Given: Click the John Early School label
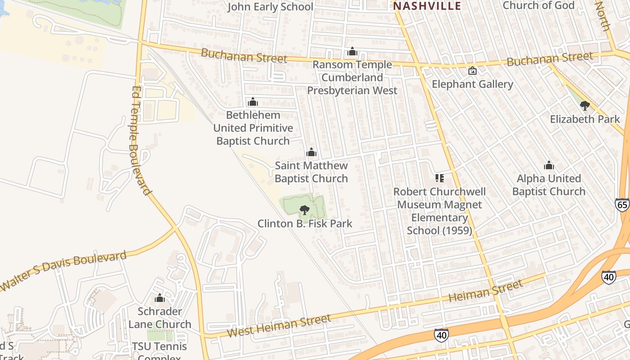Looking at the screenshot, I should click(x=270, y=7).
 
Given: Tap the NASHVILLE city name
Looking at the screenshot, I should click(x=427, y=6).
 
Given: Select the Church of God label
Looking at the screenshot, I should click(x=538, y=5).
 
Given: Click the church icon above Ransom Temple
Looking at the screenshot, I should click(x=352, y=52).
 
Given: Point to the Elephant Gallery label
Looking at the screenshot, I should click(x=472, y=84).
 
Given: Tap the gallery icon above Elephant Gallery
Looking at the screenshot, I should click(x=472, y=71).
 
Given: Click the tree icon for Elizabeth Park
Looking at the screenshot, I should click(x=585, y=106).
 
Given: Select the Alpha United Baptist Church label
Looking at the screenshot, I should click(x=549, y=185).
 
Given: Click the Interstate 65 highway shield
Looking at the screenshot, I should click(x=622, y=204).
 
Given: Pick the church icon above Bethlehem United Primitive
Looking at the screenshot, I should click(x=253, y=102).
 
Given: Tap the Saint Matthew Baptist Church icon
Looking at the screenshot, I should click(x=311, y=153).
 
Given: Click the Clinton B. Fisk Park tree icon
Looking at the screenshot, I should click(x=305, y=210).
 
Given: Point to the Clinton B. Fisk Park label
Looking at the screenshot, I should click(x=305, y=224).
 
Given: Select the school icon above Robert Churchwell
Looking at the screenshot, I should click(x=440, y=178).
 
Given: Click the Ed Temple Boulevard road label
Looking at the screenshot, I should click(x=140, y=140).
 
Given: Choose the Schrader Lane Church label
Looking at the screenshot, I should click(x=160, y=318).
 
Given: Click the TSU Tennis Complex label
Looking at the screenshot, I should click(x=159, y=351).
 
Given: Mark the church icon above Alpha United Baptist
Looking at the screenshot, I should click(x=549, y=166).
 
